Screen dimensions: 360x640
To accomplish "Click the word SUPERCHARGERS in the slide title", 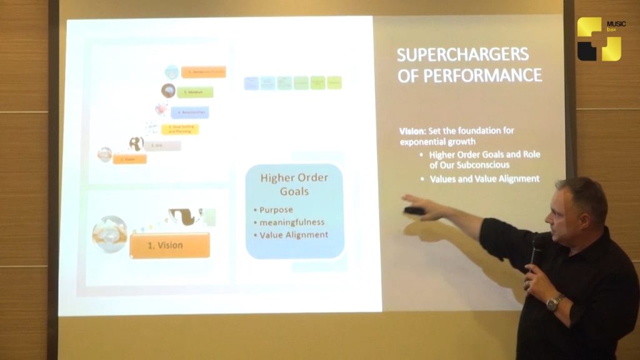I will (x=462, y=54).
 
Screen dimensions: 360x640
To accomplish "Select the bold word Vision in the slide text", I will (x=412, y=131).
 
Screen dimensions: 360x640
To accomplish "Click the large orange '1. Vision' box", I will (x=169, y=245).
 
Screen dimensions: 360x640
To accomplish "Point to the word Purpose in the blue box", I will (x=275, y=209).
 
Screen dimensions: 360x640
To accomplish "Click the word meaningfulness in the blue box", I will (x=289, y=222).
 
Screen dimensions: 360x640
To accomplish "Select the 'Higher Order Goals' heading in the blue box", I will (x=294, y=184).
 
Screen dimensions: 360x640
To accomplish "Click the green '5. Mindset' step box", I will (x=194, y=92).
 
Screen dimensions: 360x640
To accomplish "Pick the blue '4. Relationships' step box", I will (x=189, y=112).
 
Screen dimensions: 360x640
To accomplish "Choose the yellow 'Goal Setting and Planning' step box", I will (x=180, y=129).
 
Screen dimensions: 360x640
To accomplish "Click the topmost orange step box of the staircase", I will (x=203, y=72).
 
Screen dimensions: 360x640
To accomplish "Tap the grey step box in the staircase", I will (x=163, y=146).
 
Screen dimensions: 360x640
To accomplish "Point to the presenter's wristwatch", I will (x=553, y=303).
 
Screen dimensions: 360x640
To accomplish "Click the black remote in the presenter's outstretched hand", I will (x=414, y=211).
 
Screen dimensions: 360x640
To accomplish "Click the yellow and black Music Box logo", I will (x=599, y=39).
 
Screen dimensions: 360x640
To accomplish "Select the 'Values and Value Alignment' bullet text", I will (x=484, y=179).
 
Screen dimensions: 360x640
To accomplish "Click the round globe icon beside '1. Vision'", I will (x=109, y=234).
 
